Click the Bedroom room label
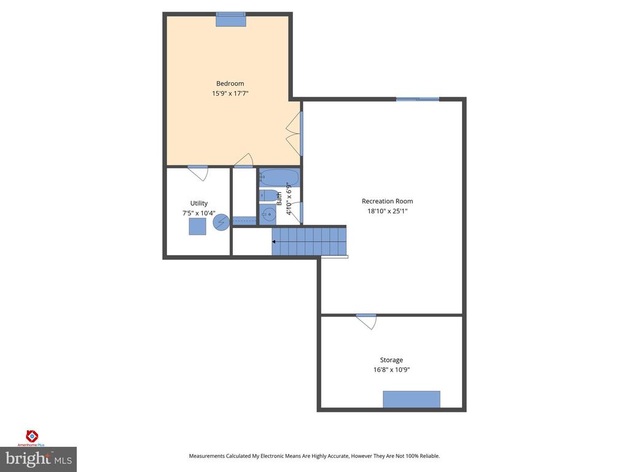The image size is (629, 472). click(x=230, y=84)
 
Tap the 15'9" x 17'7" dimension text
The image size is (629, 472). click(x=230, y=93)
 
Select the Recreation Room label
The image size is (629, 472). click(x=387, y=201)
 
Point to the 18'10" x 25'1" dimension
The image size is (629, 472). click(x=388, y=211)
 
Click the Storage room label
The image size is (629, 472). click(x=391, y=360)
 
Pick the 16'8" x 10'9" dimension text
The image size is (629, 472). click(x=391, y=369)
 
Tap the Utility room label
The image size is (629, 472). click(x=199, y=203)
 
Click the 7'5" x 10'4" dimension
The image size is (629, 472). click(x=199, y=213)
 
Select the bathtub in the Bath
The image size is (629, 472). click(x=279, y=177)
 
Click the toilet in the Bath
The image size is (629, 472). click(x=268, y=195)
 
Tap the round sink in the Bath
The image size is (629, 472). click(x=268, y=214)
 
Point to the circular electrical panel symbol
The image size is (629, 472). click(x=221, y=222)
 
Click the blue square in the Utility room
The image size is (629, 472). click(x=197, y=226)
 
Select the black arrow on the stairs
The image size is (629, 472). click(x=273, y=242)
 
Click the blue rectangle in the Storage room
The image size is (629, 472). click(x=412, y=399)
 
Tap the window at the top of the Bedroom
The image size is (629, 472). click(x=231, y=19)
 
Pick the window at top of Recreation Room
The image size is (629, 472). click(x=418, y=99)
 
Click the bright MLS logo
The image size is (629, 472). click(x=39, y=459)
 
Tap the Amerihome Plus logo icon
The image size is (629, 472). click(x=32, y=436)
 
